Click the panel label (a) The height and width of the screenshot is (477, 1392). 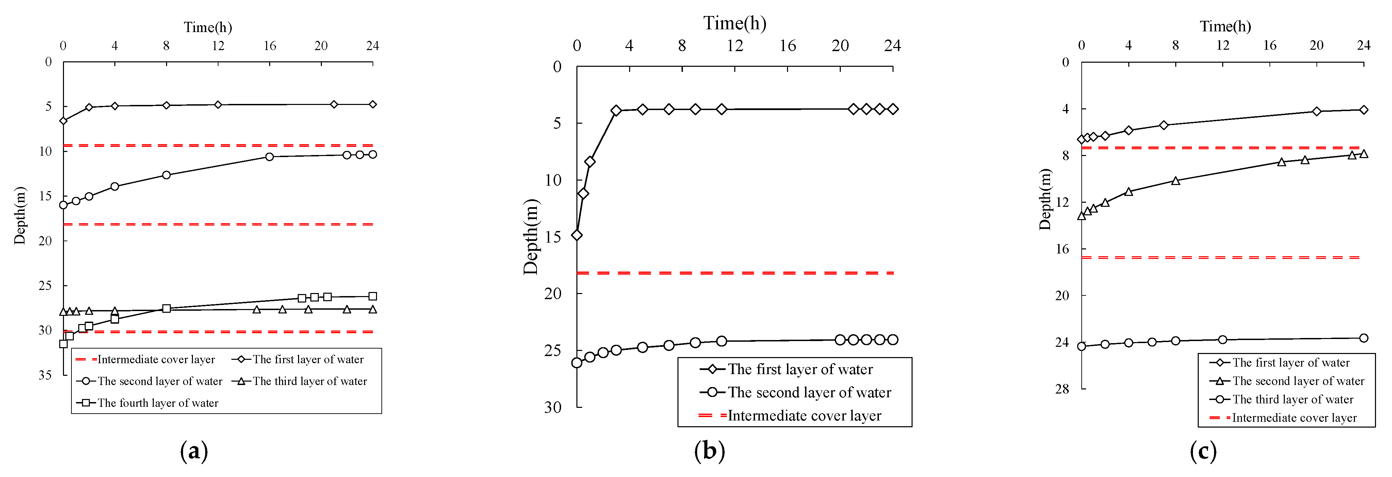point(194,451)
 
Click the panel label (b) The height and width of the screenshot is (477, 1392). point(709,451)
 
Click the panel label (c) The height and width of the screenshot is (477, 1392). point(1203,451)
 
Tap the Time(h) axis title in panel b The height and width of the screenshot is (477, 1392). point(734,23)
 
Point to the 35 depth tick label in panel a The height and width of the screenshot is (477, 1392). point(45,375)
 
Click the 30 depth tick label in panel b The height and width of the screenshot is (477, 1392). point(553,407)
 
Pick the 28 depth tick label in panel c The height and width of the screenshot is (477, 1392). point(1062,389)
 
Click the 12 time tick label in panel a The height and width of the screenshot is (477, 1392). point(218,46)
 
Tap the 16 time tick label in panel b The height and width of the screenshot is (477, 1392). point(787,46)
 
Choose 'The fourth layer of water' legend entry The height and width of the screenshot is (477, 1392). point(157,403)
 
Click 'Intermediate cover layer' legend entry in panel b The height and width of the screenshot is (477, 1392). point(804,416)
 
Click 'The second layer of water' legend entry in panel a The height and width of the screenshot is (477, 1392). point(159,381)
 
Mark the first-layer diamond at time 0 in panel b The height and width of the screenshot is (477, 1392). point(577,235)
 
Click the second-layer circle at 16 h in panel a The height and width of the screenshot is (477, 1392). point(269,157)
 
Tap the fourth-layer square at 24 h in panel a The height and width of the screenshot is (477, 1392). point(372,296)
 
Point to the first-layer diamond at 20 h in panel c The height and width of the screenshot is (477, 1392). point(1317,111)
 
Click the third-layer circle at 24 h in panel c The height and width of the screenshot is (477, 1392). point(1364,338)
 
